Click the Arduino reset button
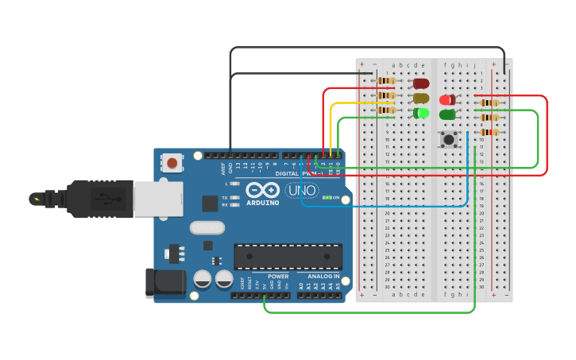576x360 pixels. click(x=172, y=164)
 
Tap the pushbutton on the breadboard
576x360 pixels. click(x=449, y=140)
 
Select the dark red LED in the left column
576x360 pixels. click(x=420, y=83)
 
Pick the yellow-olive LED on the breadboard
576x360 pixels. click(x=420, y=99)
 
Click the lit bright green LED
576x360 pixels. click(x=421, y=113)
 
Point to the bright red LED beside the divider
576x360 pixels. click(x=448, y=100)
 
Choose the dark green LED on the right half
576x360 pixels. click(x=447, y=114)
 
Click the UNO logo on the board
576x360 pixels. click(x=302, y=191)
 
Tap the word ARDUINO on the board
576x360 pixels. click(x=262, y=203)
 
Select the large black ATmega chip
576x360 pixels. click(x=288, y=257)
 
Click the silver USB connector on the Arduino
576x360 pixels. click(x=157, y=199)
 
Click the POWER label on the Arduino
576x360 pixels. click(x=278, y=276)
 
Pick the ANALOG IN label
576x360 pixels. click(x=324, y=276)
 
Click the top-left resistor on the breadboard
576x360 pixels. click(x=386, y=81)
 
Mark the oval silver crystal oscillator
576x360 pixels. click(x=207, y=228)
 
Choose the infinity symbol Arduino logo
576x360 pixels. click(x=262, y=191)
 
